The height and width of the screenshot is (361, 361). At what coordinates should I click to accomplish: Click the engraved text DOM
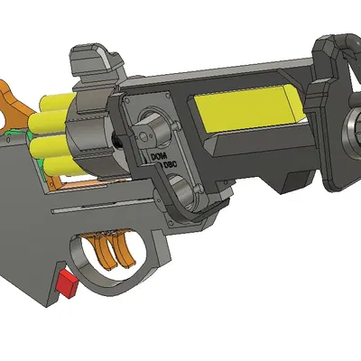(158, 160)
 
